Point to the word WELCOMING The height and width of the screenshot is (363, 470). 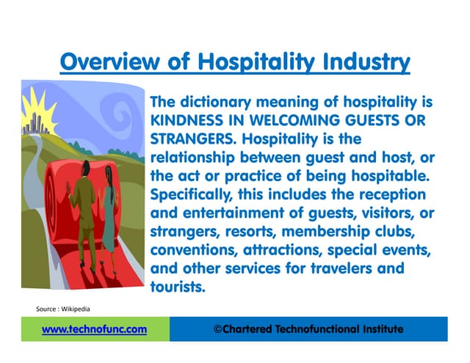(308, 119)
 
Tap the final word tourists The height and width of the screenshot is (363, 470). (176, 286)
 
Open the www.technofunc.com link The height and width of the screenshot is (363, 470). (94, 330)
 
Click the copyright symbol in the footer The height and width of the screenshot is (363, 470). (217, 330)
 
